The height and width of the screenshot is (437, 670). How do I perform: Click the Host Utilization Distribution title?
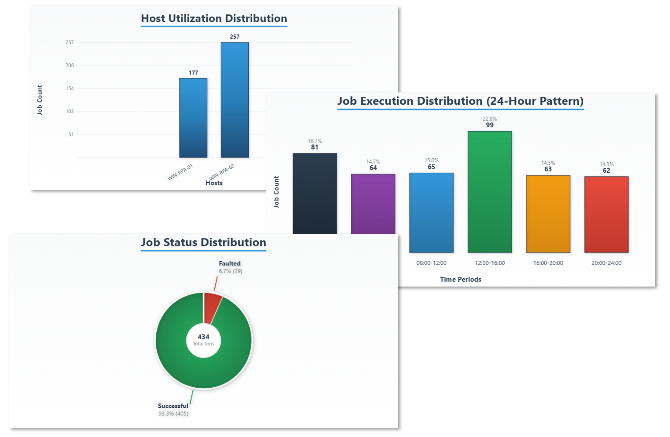(214, 18)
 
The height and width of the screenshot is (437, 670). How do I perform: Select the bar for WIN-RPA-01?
(193, 118)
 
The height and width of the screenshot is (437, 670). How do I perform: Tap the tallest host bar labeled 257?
(234, 100)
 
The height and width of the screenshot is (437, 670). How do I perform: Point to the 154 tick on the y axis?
(70, 89)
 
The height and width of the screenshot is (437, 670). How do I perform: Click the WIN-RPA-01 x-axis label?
(180, 172)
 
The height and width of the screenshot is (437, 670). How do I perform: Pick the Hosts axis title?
(214, 183)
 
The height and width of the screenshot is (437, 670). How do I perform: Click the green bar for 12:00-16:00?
(489, 192)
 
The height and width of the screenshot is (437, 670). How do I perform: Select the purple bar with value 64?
(373, 203)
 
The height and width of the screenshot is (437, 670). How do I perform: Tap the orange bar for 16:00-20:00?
(548, 214)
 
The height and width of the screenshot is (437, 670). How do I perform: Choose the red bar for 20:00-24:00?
(606, 214)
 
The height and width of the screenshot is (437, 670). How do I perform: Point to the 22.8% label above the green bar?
(490, 119)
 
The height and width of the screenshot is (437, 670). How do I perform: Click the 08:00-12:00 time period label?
(431, 263)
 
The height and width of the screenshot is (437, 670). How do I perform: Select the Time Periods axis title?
(460, 280)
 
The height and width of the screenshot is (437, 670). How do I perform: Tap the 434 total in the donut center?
(203, 337)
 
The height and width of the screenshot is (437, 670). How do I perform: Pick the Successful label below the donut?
(173, 406)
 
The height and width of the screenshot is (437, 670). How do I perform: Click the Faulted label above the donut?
(230, 263)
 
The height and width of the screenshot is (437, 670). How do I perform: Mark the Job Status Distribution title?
(203, 242)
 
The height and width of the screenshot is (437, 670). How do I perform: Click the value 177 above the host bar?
(193, 73)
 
